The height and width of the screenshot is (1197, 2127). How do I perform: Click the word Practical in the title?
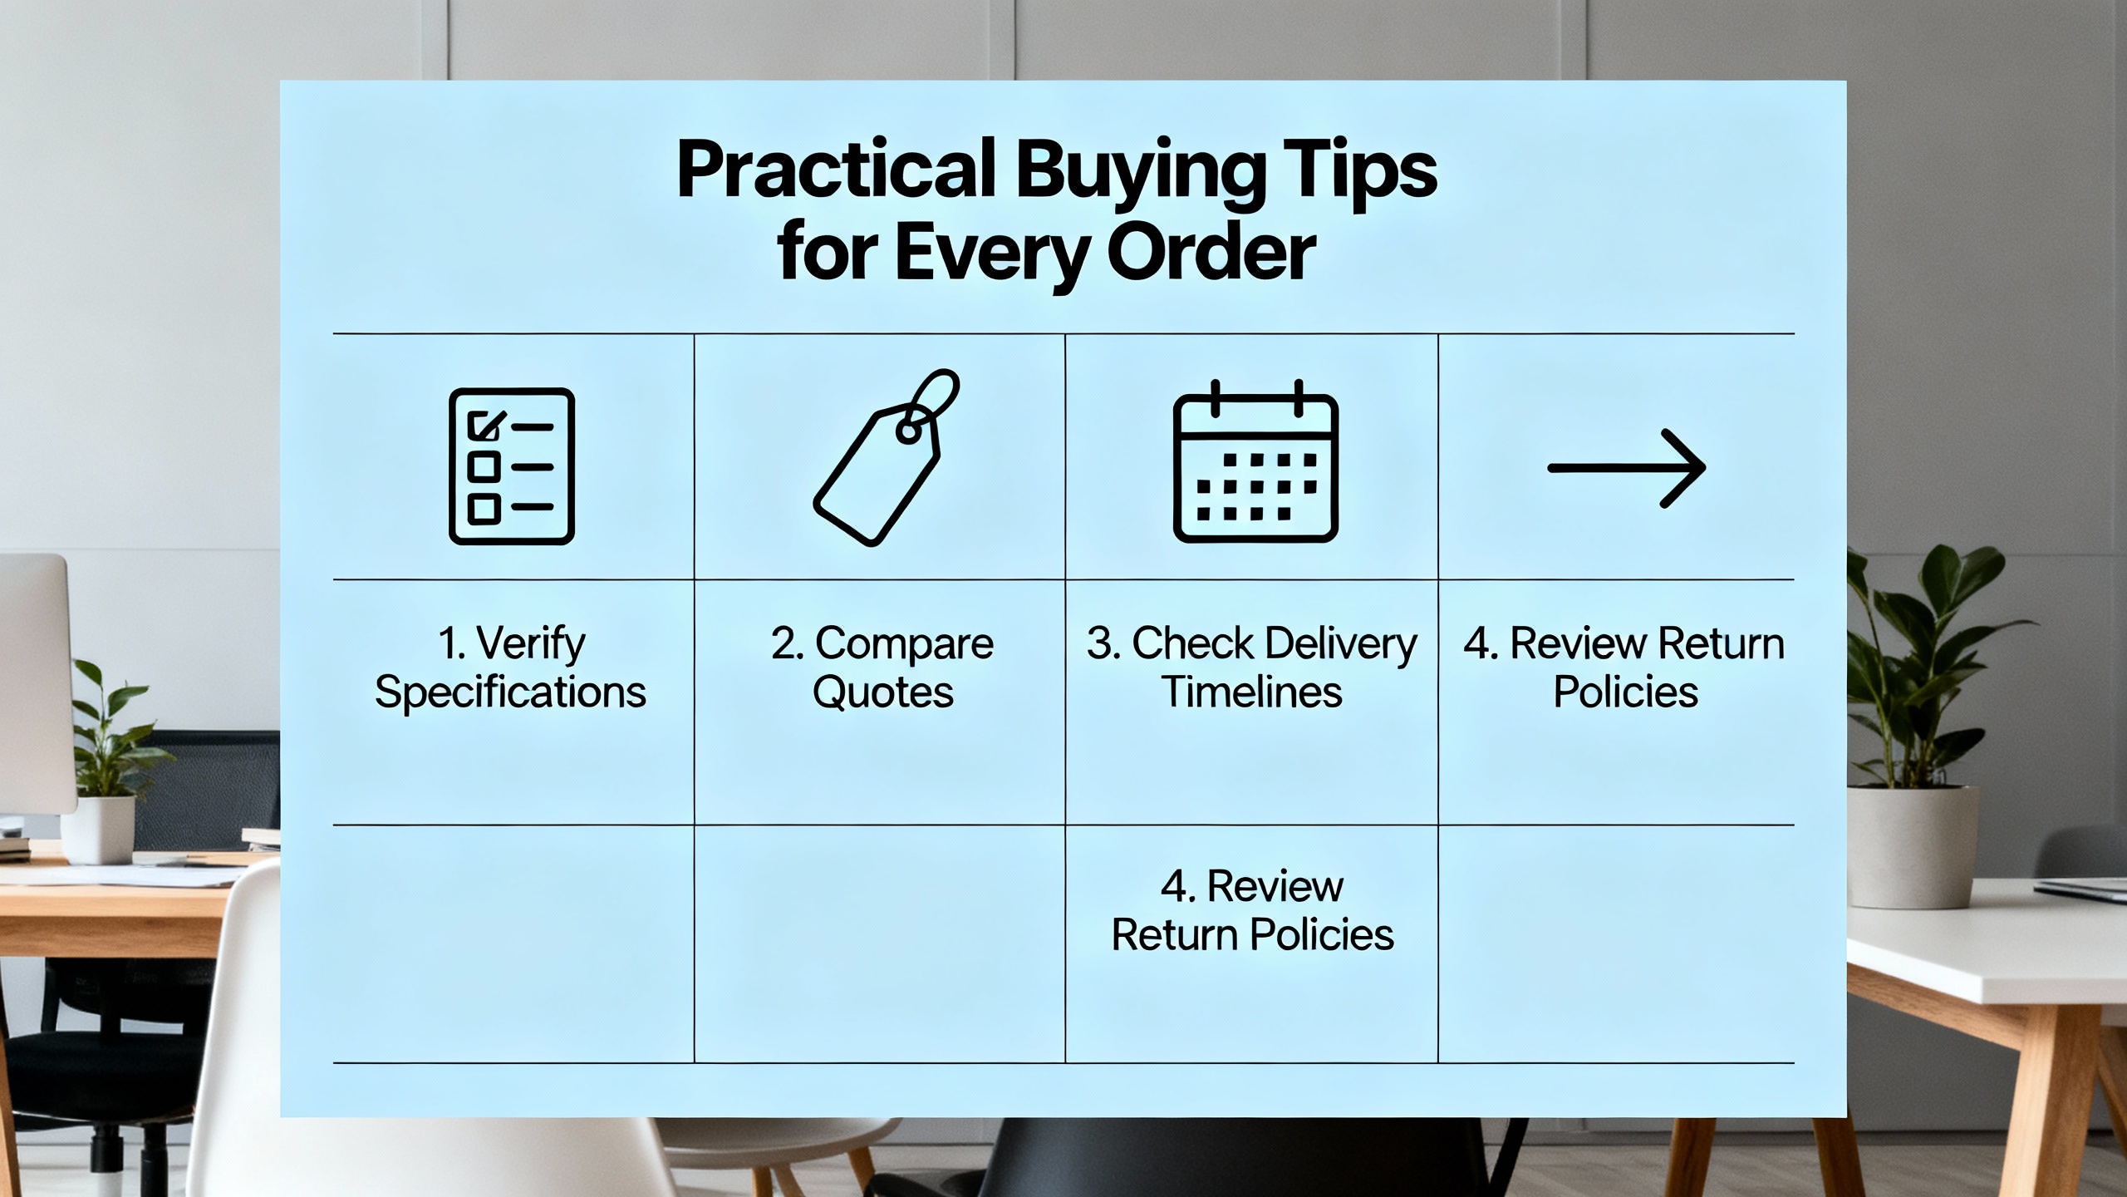pyautogui.click(x=836, y=170)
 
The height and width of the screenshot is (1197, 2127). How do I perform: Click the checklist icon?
pyautogui.click(x=512, y=466)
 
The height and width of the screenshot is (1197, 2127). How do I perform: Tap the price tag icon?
pyautogui.click(x=886, y=457)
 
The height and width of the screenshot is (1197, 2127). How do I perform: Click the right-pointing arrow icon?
pyautogui.click(x=1627, y=468)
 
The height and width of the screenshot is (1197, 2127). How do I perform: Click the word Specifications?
pyautogui.click(x=510, y=692)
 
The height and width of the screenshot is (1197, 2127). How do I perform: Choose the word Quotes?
pyautogui.click(x=883, y=692)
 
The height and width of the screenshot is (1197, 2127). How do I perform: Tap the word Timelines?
pyautogui.click(x=1251, y=692)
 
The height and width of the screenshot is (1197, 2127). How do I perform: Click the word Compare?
pyautogui.click(x=904, y=644)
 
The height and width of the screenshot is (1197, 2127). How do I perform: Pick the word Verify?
pyautogui.click(x=531, y=644)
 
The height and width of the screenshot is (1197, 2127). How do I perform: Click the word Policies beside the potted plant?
pyautogui.click(x=1626, y=692)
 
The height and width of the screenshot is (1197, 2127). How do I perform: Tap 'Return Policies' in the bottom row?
pyautogui.click(x=1252, y=934)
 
